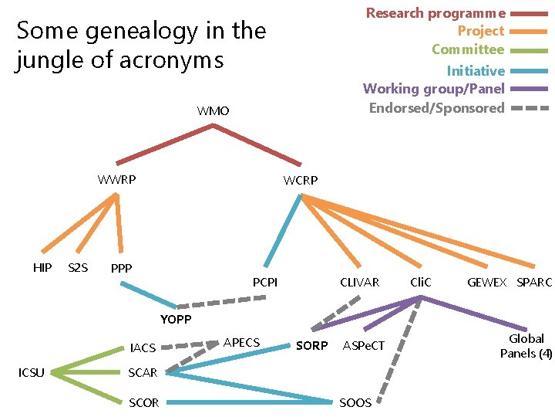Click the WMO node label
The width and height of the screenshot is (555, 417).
click(213, 111)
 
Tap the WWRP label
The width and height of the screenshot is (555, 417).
click(117, 180)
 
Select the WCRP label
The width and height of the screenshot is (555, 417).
click(301, 181)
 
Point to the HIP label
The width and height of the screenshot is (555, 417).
click(42, 267)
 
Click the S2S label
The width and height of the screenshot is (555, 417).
click(78, 268)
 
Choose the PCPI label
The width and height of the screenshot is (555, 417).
click(265, 283)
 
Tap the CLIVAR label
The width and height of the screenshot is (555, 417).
click(360, 283)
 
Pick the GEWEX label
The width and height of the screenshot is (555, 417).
click(487, 283)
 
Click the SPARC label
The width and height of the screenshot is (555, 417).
click(534, 283)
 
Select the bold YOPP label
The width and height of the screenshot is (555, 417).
click(176, 320)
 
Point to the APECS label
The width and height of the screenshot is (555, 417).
click(241, 342)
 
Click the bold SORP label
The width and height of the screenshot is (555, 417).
click(311, 346)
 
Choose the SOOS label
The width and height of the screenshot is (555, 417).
click(355, 402)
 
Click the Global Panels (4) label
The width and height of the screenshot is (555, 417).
click(526, 346)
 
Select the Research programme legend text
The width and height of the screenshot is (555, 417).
click(436, 13)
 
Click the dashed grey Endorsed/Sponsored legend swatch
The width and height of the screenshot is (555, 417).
click(530, 108)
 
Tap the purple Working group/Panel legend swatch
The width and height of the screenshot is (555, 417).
click(530, 90)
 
